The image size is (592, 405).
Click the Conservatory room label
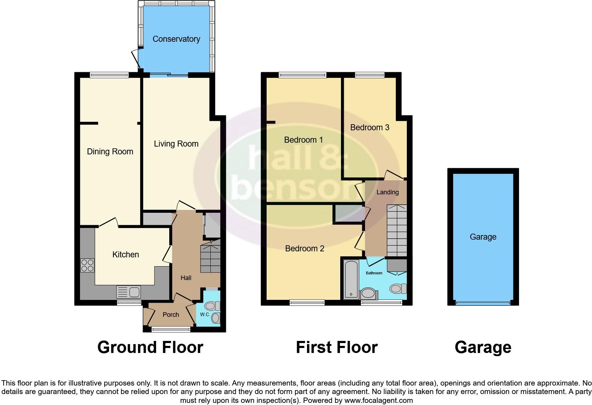tap(176, 39)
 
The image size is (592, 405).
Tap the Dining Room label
tap(110, 152)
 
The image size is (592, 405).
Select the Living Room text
tap(176, 144)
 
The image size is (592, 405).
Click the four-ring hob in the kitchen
tap(87, 266)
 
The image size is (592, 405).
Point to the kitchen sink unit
tap(129, 292)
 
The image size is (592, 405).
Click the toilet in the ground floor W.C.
tap(212, 306)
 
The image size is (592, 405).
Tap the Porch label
tap(171, 314)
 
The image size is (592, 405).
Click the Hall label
tap(186, 278)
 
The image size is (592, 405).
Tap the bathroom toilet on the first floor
tap(398, 289)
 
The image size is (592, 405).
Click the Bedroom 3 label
tap(370, 127)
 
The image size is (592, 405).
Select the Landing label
tap(387, 192)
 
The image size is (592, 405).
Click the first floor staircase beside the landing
tap(396, 230)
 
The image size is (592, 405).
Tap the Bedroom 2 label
tap(304, 249)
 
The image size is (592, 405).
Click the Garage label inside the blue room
tap(483, 237)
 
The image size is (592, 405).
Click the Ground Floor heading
tap(150, 347)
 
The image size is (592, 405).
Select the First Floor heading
tap(336, 347)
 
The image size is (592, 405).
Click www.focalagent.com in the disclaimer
tap(378, 401)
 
